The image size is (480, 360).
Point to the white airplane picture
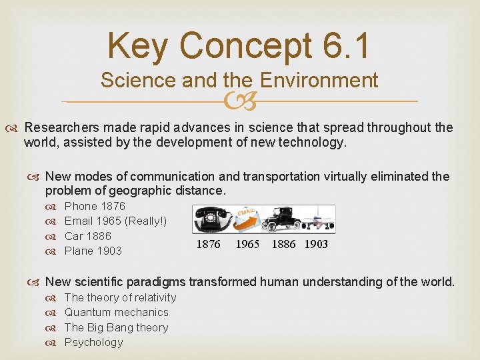tap(317, 219)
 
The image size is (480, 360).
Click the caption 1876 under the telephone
tap(208, 245)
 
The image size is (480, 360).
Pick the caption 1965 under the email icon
tap(247, 245)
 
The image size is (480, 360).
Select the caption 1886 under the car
tap(284, 245)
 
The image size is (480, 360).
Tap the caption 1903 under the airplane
tap(316, 245)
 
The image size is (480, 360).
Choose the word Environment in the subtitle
tap(319, 81)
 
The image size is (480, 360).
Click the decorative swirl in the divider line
tap(239, 101)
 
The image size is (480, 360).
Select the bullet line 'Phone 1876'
tap(95, 206)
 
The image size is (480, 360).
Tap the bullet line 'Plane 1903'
tap(93, 251)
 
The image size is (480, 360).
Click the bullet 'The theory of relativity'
tap(120, 297)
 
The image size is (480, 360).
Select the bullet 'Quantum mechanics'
tap(116, 312)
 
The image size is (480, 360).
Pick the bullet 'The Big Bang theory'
tap(116, 327)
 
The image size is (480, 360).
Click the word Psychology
tap(93, 342)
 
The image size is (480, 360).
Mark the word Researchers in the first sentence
tap(59, 127)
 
